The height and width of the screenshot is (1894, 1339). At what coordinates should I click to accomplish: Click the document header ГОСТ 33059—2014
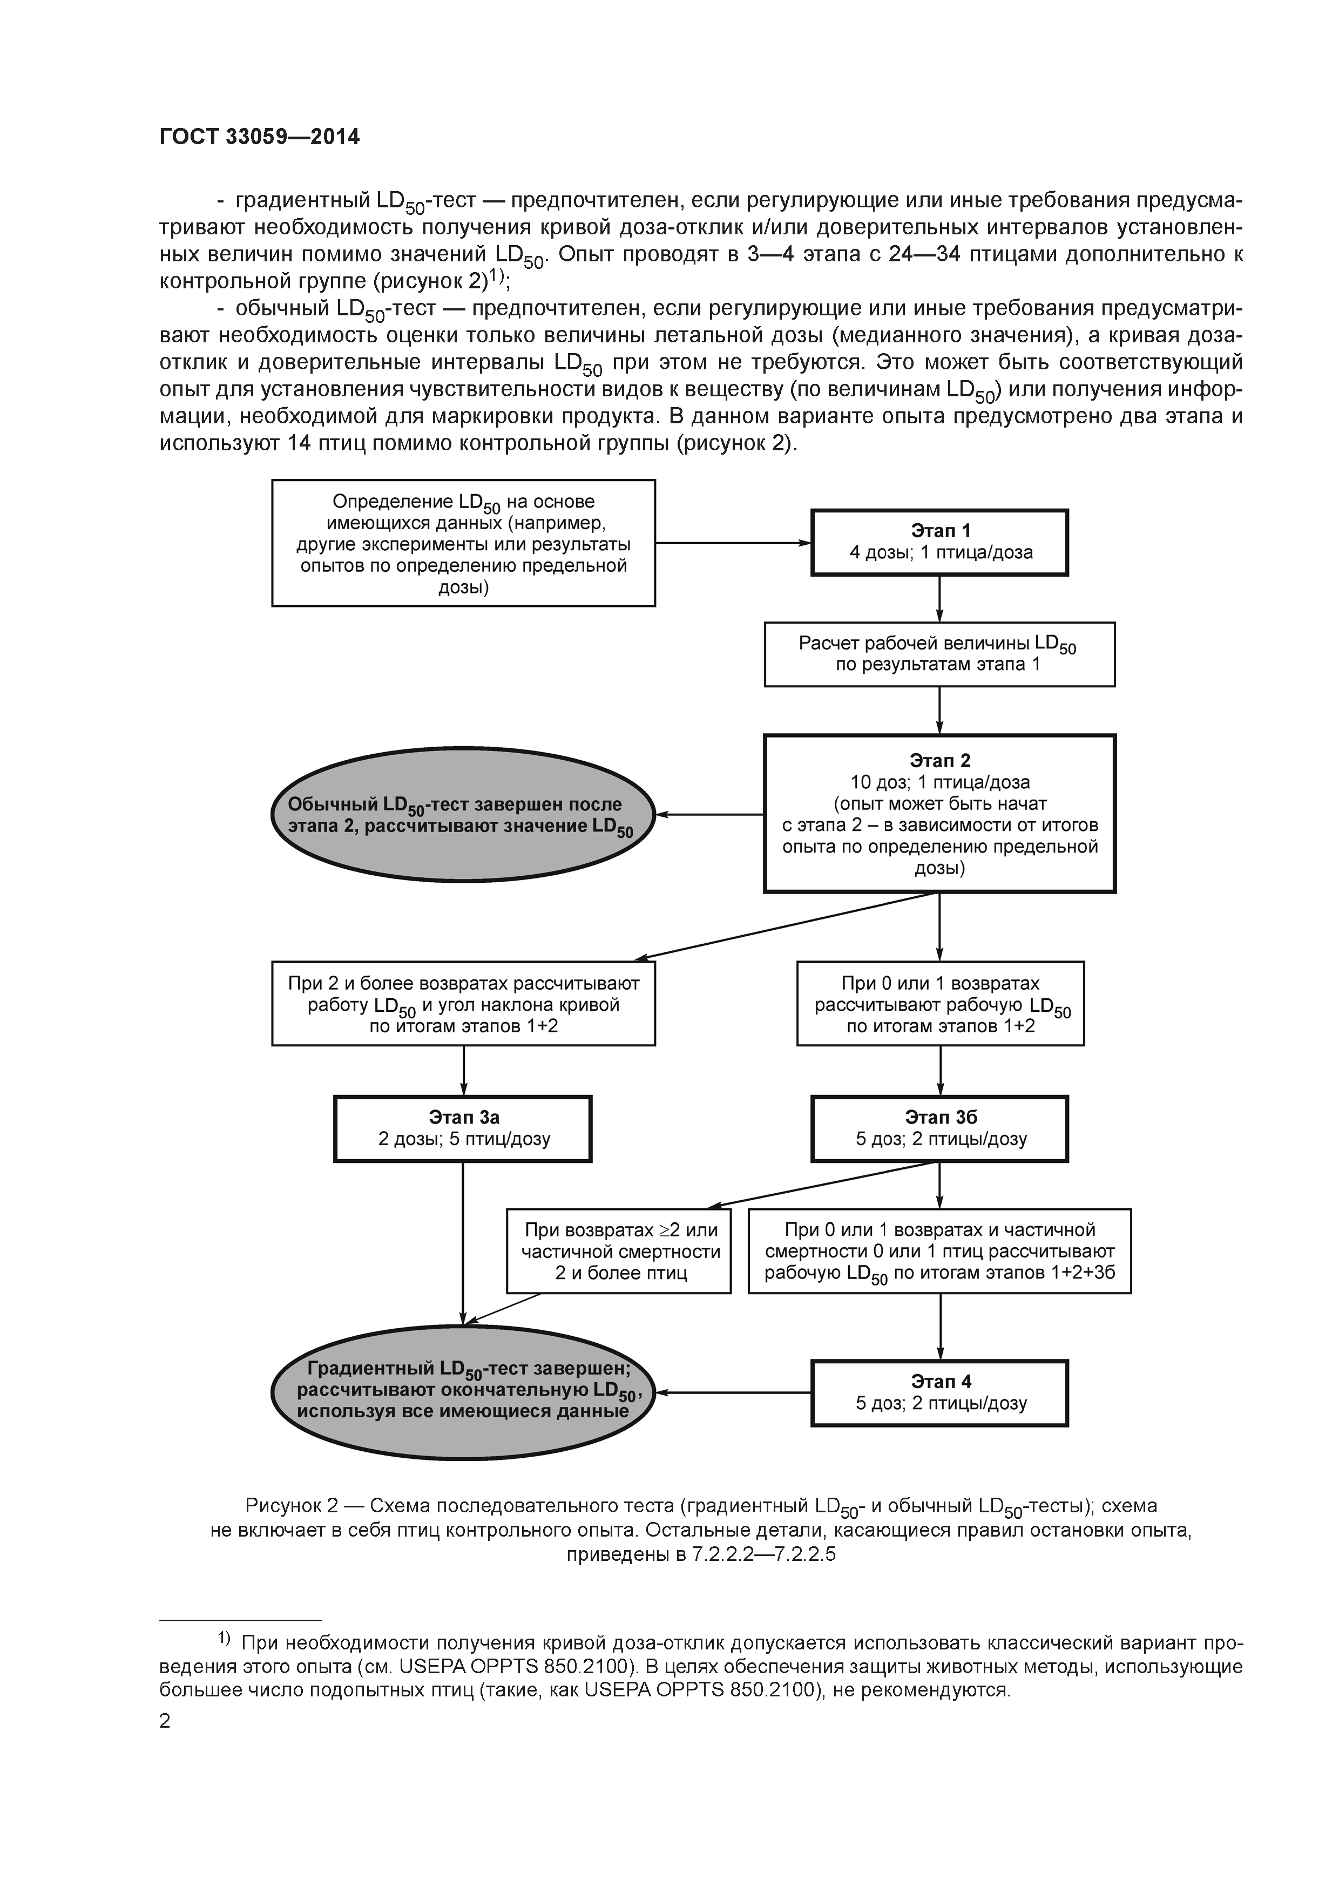point(259,138)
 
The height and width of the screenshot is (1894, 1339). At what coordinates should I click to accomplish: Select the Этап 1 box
point(939,542)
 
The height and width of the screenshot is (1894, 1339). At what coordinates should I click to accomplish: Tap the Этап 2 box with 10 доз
point(939,813)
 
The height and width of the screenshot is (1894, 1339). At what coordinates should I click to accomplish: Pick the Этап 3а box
point(463,1128)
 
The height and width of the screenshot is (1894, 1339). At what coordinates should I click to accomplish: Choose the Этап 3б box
point(939,1128)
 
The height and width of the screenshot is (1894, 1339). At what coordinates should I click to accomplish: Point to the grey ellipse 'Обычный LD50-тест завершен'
point(463,815)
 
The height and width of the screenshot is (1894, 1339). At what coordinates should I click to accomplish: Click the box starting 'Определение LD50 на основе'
point(463,543)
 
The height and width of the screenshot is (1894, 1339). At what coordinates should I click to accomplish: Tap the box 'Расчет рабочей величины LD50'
point(939,654)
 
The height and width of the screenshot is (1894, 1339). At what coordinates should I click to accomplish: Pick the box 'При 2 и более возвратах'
point(463,1004)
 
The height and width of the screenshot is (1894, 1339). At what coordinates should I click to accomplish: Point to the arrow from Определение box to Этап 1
point(734,543)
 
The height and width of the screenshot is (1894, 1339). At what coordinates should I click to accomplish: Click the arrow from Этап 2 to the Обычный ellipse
point(709,814)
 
